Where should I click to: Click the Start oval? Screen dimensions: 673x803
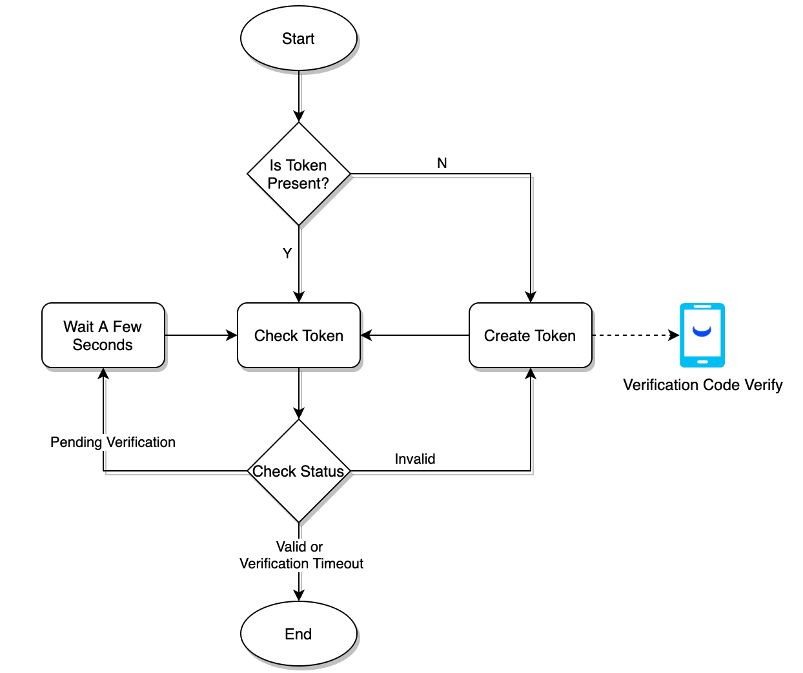298,39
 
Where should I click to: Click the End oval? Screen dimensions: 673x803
298,634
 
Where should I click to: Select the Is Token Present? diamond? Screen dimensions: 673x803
298,174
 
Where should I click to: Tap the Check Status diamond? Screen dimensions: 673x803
298,471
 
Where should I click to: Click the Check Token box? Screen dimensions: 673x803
298,336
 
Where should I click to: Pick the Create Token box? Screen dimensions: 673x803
530,336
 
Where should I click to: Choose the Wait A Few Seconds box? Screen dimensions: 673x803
103,336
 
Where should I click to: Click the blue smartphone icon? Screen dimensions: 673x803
702,335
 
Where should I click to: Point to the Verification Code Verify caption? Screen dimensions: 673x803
702,385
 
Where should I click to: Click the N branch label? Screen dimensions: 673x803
442,163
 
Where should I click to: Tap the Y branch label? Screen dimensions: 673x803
287,253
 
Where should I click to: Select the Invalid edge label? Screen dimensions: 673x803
414,459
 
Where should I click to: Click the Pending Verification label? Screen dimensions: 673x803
112,442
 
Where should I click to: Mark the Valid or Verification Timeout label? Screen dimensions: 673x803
301,555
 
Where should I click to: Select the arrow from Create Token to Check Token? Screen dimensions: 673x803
414,335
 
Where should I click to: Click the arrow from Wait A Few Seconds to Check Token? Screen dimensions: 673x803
201,335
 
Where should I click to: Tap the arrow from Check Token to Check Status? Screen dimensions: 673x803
299,393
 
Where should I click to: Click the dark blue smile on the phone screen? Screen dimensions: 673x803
702,331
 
